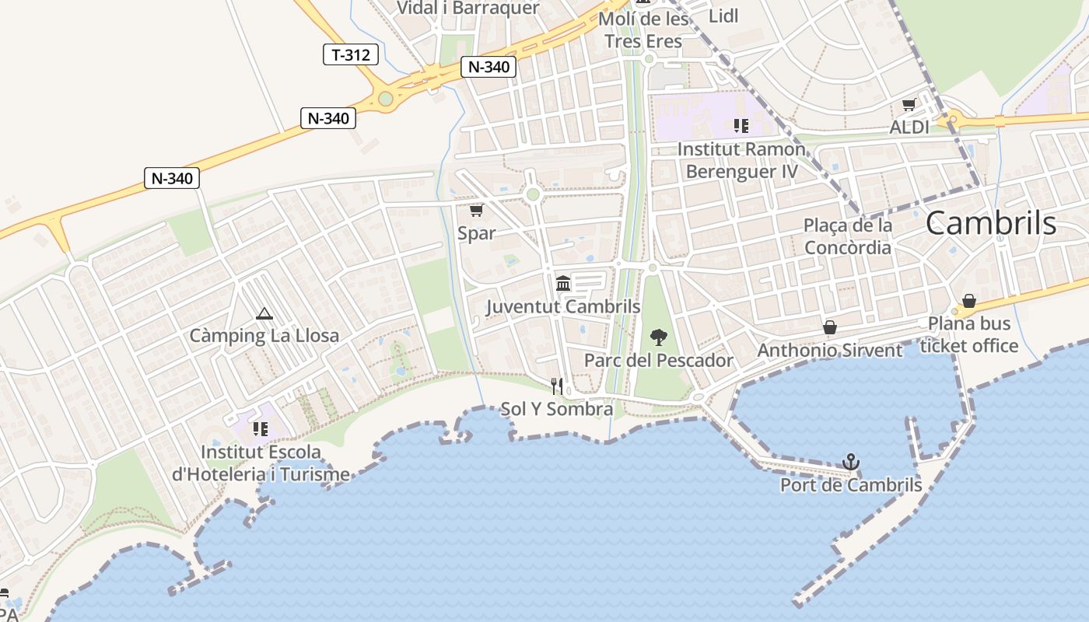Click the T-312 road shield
pyautogui.click(x=351, y=54)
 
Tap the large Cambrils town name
pyautogui.click(x=991, y=223)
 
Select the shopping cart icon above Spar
pyautogui.click(x=476, y=210)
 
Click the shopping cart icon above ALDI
pyautogui.click(x=909, y=105)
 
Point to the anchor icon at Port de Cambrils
pyautogui.click(x=851, y=462)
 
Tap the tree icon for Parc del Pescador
pyautogui.click(x=658, y=337)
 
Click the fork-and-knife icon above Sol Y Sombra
pyautogui.click(x=556, y=386)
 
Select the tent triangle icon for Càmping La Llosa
pyautogui.click(x=264, y=314)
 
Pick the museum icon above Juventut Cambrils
pyautogui.click(x=563, y=283)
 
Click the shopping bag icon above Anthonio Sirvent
pyautogui.click(x=830, y=327)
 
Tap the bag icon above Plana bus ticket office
pyautogui.click(x=969, y=301)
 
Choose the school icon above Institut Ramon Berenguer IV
pyautogui.click(x=741, y=126)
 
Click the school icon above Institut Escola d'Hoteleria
pyautogui.click(x=261, y=428)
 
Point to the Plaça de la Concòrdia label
pyautogui.click(x=848, y=236)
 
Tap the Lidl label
pyautogui.click(x=723, y=16)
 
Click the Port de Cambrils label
pyautogui.click(x=851, y=485)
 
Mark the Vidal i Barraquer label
pyautogui.click(x=467, y=8)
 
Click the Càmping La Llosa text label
pyautogui.click(x=264, y=336)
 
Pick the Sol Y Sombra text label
pyautogui.click(x=557, y=409)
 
